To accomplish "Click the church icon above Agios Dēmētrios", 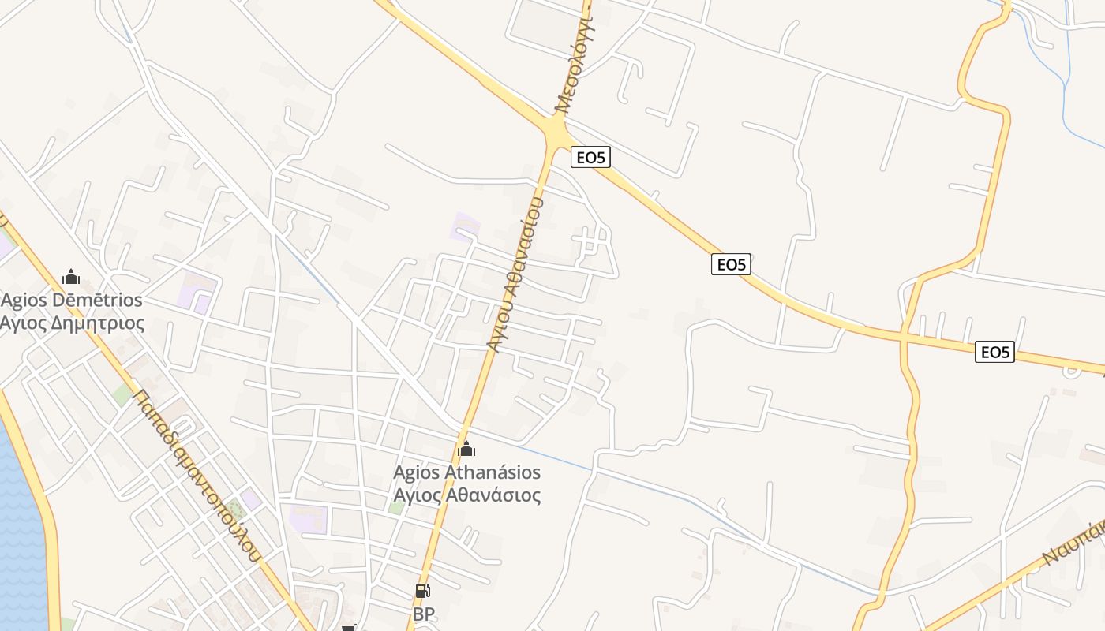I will [71, 277].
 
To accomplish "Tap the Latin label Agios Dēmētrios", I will [72, 301].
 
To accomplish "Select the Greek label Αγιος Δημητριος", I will [72, 323].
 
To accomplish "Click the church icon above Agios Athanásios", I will [466, 450].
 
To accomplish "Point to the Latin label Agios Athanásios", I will [467, 472].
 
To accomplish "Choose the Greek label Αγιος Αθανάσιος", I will [467, 495].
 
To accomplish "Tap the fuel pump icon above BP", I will [423, 590].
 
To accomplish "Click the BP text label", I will [424, 614].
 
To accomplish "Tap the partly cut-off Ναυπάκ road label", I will [1073, 543].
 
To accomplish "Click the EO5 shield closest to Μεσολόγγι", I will [590, 158].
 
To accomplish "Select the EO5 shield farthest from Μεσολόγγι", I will [994, 352].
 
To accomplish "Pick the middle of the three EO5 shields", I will [731, 264].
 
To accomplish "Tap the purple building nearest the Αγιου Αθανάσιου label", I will [465, 226].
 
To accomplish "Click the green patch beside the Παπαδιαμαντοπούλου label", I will [121, 394].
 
